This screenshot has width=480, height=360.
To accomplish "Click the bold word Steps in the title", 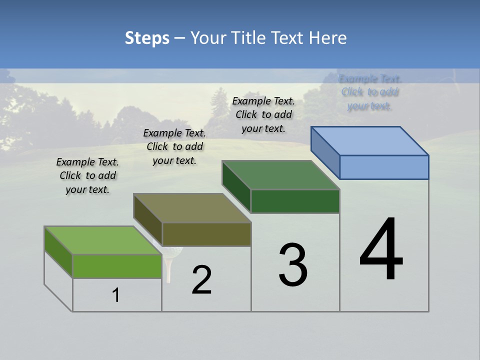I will click(146, 38).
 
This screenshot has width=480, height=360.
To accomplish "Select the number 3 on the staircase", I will click(293, 265).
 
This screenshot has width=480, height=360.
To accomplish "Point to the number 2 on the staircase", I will click(201, 280).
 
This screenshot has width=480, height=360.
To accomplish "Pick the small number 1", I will click(116, 295).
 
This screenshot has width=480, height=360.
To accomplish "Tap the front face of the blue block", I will click(384, 167).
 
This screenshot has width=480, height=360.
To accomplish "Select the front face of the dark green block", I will click(295, 201).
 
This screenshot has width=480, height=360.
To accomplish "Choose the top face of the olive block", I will click(192, 208).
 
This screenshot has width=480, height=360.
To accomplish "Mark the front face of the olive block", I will click(206, 234).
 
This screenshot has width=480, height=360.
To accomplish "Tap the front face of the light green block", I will click(117, 266).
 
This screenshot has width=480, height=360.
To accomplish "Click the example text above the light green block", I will click(87, 175).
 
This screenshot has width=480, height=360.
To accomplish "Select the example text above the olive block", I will click(174, 146).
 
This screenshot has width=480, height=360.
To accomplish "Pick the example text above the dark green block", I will click(263, 114).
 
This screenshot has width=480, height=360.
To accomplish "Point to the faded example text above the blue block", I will click(370, 92).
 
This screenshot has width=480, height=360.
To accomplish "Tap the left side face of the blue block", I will click(325, 152).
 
